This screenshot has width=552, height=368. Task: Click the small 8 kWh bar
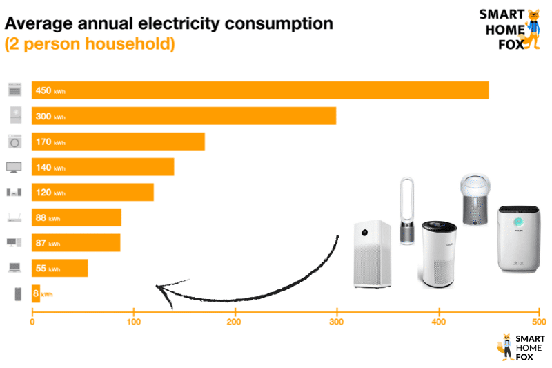click(36, 293)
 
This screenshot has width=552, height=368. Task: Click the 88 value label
click(41, 217)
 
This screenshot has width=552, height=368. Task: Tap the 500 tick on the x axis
click(540, 322)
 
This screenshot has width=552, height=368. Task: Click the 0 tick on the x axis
click(32, 322)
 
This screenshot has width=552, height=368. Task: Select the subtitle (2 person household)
click(90, 44)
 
